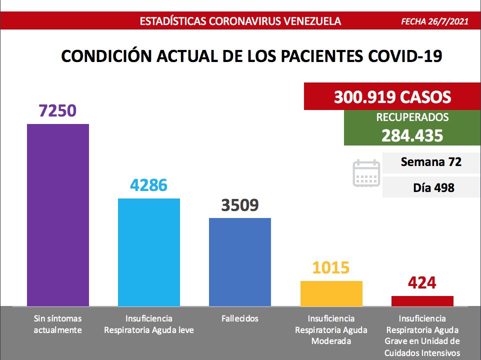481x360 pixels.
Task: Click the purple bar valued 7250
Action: (58, 215)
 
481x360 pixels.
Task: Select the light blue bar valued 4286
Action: (149, 252)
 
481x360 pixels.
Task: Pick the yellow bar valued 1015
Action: (331, 293)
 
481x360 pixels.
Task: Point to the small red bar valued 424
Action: (422, 300)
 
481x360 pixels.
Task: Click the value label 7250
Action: (57, 110)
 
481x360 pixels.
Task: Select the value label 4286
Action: (148, 185)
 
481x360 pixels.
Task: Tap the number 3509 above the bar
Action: (240, 205)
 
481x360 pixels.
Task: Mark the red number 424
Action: (422, 283)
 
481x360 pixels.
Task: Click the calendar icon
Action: (367, 173)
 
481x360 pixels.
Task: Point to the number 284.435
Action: (412, 135)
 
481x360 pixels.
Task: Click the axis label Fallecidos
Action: (240, 318)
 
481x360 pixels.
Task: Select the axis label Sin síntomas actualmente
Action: (57, 324)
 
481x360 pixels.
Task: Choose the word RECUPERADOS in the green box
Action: (412, 118)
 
